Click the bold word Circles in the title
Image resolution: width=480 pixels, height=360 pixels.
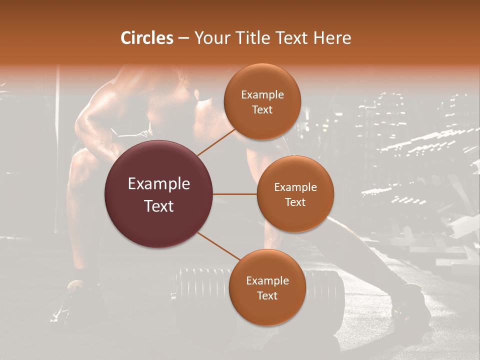click(146, 38)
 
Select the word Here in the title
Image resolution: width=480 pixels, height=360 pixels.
click(333, 38)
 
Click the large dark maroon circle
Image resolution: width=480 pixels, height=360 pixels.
click(159, 194)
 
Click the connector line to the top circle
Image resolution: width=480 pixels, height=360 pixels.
click(216, 141)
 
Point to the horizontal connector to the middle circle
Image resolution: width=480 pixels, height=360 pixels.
click(235, 194)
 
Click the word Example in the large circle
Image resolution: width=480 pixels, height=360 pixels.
click(159, 184)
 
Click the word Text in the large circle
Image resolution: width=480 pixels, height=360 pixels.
click(159, 205)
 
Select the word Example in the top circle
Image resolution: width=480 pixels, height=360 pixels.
click(262, 95)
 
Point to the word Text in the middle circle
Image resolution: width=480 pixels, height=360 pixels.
click(295, 202)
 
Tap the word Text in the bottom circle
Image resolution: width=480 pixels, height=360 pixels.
click(267, 295)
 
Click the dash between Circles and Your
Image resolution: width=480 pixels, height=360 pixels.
click(183, 38)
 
